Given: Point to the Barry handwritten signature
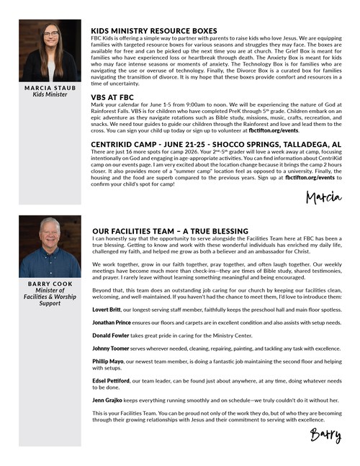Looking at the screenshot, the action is pyautogui.click(x=325, y=434).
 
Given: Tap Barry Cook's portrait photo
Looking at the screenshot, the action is pyautogui.click(x=50, y=247).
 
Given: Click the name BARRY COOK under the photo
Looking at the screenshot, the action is pyautogui.click(x=50, y=283).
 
